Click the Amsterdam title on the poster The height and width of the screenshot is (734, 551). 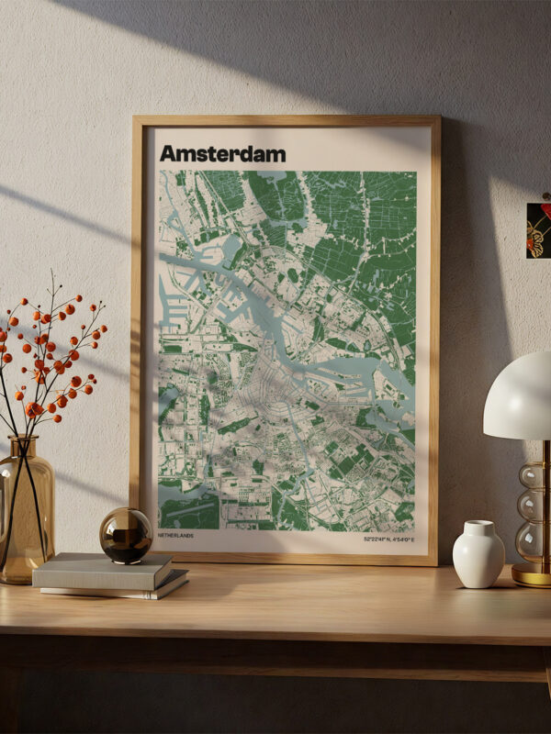(222, 153)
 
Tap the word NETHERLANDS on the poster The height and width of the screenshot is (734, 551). (175, 535)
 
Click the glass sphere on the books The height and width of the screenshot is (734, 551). (126, 535)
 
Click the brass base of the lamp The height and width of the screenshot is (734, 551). (532, 574)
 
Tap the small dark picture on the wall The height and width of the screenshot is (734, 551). (538, 229)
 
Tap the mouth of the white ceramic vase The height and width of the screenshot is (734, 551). (478, 525)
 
